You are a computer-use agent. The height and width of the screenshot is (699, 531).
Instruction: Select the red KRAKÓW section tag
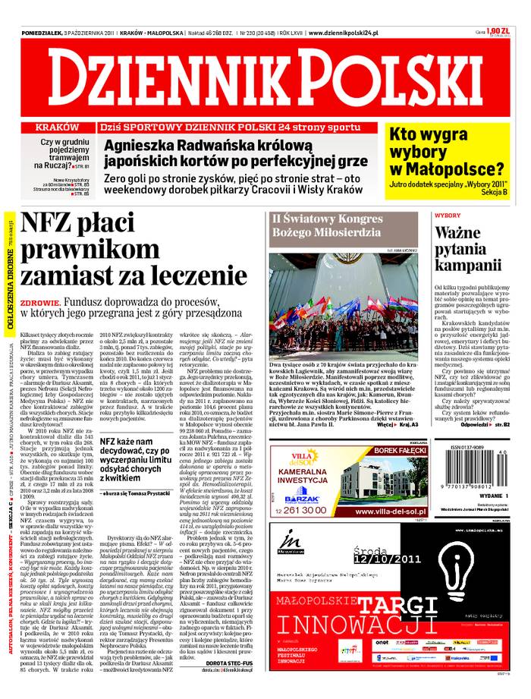click(58, 128)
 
